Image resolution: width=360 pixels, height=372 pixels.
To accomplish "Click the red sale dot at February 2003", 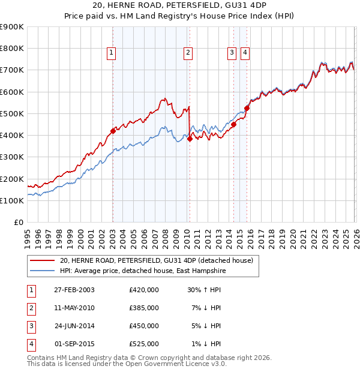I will [x=113, y=130].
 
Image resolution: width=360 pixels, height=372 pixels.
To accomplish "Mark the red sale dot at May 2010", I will [x=190, y=138].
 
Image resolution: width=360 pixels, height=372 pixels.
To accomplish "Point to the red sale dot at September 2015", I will [x=247, y=108].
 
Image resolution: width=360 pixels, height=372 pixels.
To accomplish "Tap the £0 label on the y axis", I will [x=18, y=222].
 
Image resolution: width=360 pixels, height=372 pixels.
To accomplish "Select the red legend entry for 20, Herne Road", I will [x=157, y=260].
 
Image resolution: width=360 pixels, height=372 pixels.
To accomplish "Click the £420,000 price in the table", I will [x=144, y=289].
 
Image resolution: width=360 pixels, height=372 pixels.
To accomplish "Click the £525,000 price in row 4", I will [x=144, y=344].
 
